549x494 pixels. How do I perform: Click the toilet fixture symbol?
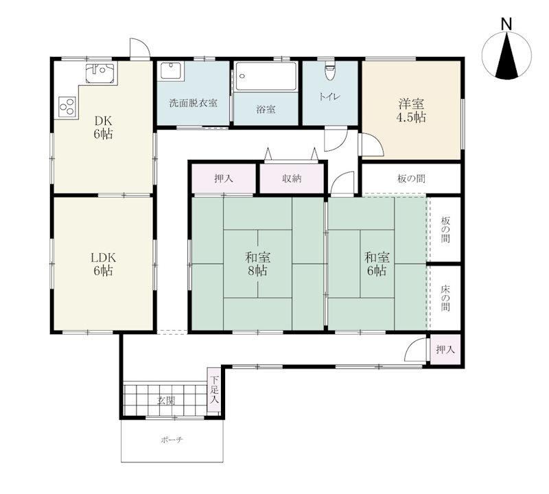(329, 71)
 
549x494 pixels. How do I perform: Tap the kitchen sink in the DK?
(100, 73)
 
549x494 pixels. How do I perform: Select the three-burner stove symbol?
(67, 106)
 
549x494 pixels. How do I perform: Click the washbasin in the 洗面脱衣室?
(170, 71)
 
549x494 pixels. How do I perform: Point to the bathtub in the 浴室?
(266, 76)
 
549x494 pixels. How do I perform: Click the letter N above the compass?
(506, 25)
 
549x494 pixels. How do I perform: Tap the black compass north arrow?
(506, 56)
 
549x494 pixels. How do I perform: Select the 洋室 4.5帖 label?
(410, 110)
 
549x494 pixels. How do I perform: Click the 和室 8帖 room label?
(257, 264)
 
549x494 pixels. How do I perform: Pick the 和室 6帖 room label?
(377, 264)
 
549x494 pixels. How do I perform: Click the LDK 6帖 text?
(104, 264)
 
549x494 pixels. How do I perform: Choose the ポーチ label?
(172, 440)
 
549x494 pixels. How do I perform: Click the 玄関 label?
(166, 400)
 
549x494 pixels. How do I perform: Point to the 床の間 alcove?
(445, 298)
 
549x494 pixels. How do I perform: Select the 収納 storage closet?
(292, 178)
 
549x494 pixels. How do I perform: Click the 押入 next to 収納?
(224, 178)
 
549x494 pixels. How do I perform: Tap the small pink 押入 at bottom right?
(445, 349)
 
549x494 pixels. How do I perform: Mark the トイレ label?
(329, 97)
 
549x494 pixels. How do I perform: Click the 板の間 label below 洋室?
(411, 178)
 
